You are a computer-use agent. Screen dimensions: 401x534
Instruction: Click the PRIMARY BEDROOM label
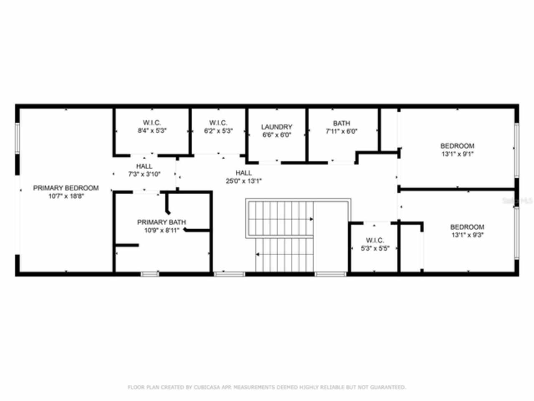[x=66, y=188]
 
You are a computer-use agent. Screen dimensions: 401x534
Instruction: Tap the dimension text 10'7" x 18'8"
[x=66, y=196]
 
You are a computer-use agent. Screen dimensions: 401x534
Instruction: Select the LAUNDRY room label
[x=277, y=127]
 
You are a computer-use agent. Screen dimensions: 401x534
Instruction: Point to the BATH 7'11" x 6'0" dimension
[x=341, y=131]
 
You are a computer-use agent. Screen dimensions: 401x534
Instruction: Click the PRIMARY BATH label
[x=161, y=222]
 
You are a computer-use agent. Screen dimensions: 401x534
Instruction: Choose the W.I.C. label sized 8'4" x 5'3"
[x=152, y=123]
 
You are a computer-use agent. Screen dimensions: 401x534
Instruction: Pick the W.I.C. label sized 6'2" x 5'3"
[x=218, y=123]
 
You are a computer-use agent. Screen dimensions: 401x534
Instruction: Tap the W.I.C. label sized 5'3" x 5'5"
[x=375, y=241]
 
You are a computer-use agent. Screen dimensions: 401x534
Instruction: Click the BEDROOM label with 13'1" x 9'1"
[x=457, y=146]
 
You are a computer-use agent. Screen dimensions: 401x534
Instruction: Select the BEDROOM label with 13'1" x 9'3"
[x=467, y=227]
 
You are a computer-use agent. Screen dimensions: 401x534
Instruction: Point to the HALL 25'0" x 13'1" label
[x=244, y=173]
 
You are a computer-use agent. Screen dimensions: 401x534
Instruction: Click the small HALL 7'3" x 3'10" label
[x=144, y=166]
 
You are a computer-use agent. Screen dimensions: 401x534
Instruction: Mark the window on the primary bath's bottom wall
[x=149, y=274]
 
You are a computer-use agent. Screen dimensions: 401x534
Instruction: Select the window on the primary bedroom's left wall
[x=18, y=138]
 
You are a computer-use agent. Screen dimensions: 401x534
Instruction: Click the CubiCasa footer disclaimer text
[x=267, y=387]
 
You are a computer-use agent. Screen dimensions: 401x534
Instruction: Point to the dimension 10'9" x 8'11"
[x=161, y=230]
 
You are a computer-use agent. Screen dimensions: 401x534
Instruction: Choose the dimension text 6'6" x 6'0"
[x=277, y=135]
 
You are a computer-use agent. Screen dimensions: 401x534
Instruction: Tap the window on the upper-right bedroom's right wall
[x=516, y=150]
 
